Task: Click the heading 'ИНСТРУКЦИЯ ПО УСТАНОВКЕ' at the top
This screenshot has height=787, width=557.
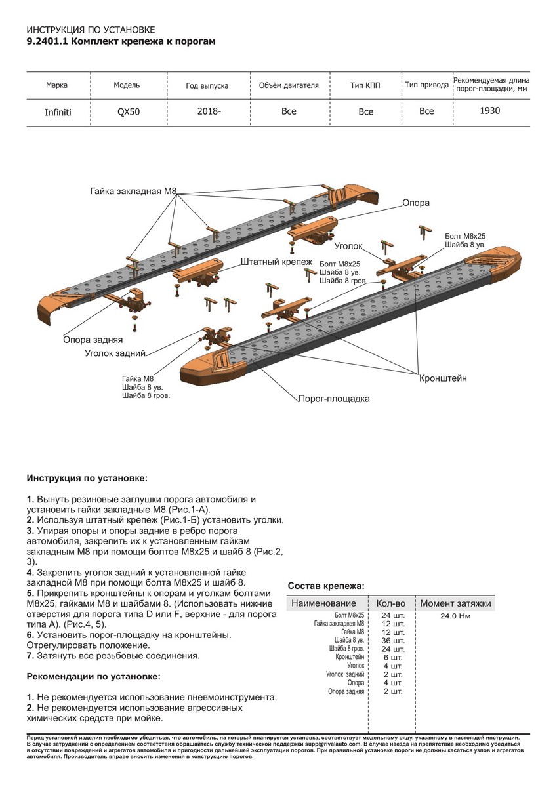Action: [91, 30]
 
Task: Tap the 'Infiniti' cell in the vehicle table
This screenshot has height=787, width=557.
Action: [58, 112]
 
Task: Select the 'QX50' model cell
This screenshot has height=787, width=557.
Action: [128, 111]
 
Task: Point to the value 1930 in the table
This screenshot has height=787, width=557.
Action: [489, 110]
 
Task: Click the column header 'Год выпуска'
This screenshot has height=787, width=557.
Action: [207, 86]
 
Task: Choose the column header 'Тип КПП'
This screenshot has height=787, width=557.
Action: [365, 85]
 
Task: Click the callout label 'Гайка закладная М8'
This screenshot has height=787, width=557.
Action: [133, 192]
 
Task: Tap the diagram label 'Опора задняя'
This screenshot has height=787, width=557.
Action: [93, 340]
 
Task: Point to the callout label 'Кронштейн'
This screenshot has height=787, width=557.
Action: [443, 378]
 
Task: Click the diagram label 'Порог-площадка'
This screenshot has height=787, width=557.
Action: [334, 399]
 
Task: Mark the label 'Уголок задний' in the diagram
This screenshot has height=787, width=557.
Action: [115, 353]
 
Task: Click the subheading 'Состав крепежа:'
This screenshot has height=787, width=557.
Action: [326, 586]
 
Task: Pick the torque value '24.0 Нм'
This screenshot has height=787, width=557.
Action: [455, 616]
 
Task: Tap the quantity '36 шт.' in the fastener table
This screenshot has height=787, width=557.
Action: [392, 640]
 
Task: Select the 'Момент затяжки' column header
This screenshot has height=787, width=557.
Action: [455, 603]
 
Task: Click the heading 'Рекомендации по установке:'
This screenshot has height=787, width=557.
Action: [93, 676]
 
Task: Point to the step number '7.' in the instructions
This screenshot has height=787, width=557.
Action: [30, 655]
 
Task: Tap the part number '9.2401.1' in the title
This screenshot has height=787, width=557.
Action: [46, 41]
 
